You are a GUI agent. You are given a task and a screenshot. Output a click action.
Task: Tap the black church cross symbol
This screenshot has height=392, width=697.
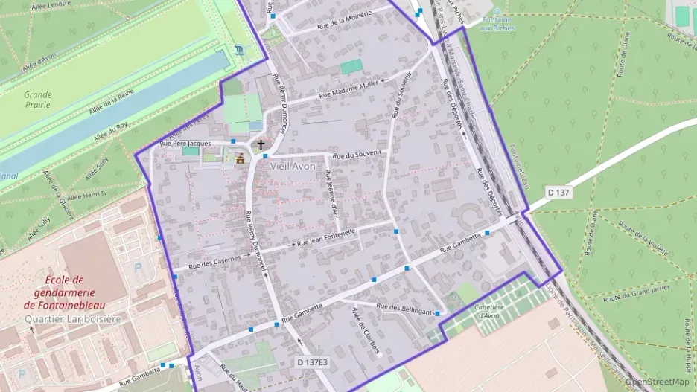[260, 144]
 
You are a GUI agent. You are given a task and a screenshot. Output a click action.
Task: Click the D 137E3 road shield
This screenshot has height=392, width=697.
[311, 362]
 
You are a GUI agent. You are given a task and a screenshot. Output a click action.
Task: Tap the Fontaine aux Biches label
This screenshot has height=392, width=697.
[498, 23]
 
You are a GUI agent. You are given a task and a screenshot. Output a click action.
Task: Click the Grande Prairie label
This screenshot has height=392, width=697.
[37, 100]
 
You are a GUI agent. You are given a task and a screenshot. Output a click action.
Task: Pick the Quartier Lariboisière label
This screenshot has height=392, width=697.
[72, 318]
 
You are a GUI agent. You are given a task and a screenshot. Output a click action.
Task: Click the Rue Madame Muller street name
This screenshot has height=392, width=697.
[349, 89]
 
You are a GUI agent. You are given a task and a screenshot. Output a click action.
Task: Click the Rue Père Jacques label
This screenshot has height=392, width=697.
[186, 143]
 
